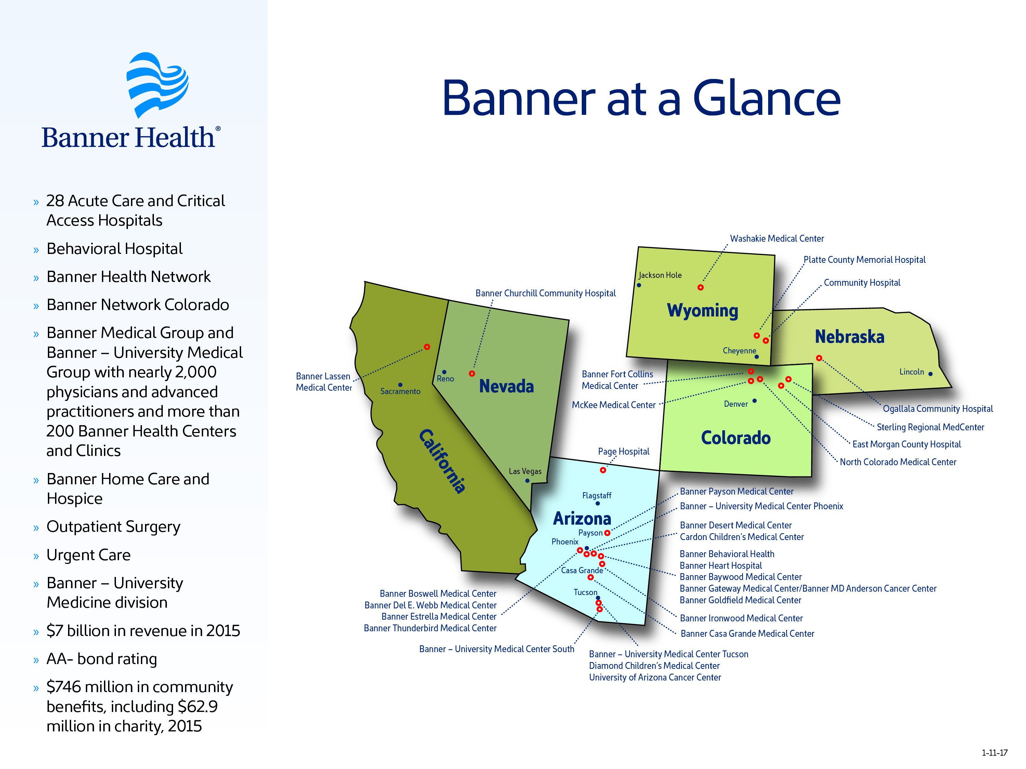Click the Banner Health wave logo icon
(x=158, y=85)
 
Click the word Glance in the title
(x=766, y=98)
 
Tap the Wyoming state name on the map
(x=702, y=311)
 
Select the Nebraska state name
(x=849, y=337)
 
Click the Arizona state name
(x=582, y=518)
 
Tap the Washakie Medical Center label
(x=777, y=239)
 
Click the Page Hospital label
(x=623, y=451)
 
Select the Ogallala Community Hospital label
(x=937, y=409)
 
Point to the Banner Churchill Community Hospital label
(x=545, y=293)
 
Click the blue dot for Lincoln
(x=931, y=374)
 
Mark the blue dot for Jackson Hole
(x=639, y=285)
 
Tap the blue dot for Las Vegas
(x=527, y=481)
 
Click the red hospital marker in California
(x=427, y=347)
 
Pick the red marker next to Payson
(x=607, y=533)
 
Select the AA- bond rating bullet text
(x=102, y=659)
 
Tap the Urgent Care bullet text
(x=89, y=555)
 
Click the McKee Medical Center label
(x=614, y=405)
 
